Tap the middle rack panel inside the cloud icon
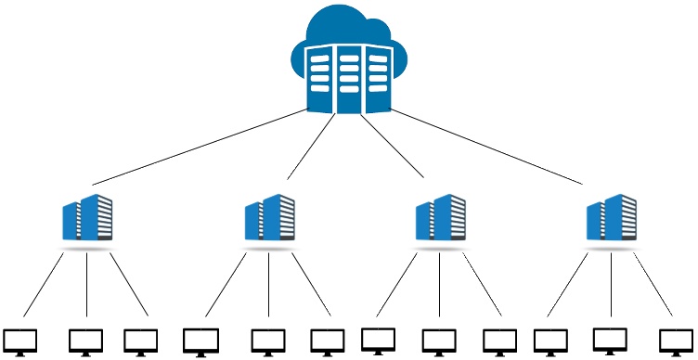[x=348, y=78]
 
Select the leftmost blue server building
[x=87, y=219]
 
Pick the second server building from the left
[x=269, y=219]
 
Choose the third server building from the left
[x=440, y=219]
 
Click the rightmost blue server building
[x=612, y=219]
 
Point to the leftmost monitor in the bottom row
[x=19, y=341]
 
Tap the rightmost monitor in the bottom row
[x=675, y=341]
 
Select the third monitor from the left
[x=141, y=341]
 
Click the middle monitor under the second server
[x=267, y=341]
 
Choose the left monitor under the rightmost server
[x=552, y=341]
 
